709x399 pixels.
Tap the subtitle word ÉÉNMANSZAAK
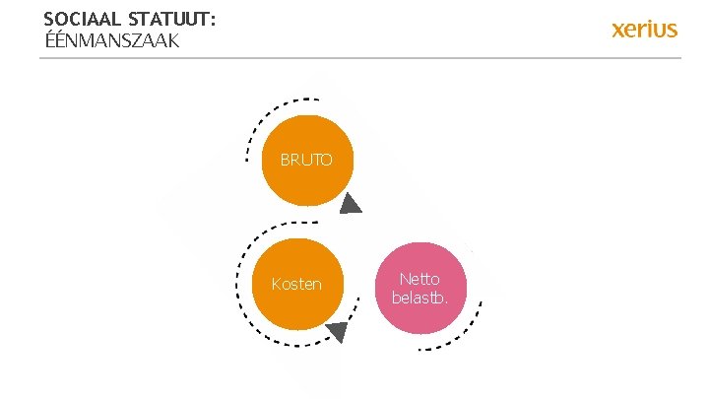[111, 41]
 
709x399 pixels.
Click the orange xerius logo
[644, 30]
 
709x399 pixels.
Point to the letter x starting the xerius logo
[618, 30]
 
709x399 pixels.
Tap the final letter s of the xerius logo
[672, 30]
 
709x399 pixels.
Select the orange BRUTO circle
[307, 160]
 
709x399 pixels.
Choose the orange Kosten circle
[296, 284]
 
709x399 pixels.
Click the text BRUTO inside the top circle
[306, 159]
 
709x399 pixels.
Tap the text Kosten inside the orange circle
[296, 284]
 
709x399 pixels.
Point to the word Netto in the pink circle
[420, 279]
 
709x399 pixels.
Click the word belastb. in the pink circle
[420, 298]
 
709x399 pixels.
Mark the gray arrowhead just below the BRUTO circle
[351, 205]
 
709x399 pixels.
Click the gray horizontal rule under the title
[359, 58]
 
